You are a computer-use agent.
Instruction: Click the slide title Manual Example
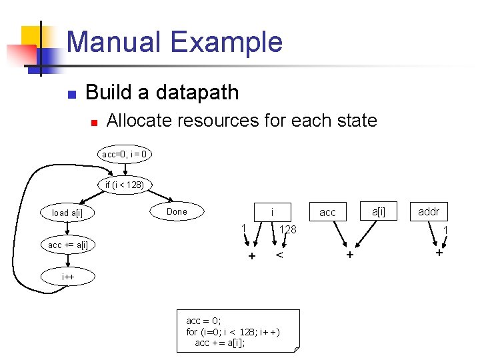[x=175, y=41]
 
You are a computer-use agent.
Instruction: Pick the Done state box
[x=177, y=211]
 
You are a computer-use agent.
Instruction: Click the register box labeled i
[x=271, y=212]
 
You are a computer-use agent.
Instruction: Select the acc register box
[x=327, y=212]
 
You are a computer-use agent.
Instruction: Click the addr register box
[x=428, y=211]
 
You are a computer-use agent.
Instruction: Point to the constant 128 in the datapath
[x=287, y=229]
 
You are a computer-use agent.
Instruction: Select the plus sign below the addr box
[x=438, y=253]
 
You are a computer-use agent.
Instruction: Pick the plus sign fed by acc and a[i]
[x=349, y=255]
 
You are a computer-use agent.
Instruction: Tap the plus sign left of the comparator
[x=251, y=256]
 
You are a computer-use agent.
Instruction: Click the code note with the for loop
[x=237, y=331]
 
